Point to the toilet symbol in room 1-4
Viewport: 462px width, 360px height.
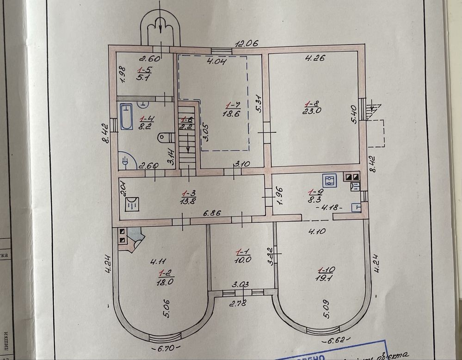[x=164, y=137]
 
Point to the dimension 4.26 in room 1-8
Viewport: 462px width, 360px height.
[x=314, y=58]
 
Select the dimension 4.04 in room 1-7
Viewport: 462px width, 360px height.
[x=216, y=62]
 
